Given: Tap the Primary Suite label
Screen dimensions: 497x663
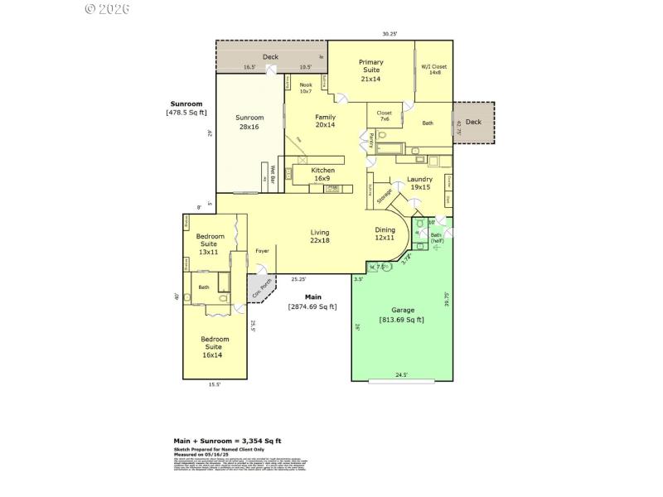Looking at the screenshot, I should point(370,70).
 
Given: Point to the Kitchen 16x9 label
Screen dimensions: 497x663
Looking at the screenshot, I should point(323,174).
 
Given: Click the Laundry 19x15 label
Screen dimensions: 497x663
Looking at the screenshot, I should point(420,183).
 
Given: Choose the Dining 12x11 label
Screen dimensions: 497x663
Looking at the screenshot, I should point(385,234).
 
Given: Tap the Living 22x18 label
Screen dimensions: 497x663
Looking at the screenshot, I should point(320,236).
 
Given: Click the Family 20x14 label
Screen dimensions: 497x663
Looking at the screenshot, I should point(325,121).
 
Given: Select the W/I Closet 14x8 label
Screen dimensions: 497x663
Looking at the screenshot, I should point(433,70).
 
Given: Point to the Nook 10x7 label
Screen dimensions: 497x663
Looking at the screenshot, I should point(306,88).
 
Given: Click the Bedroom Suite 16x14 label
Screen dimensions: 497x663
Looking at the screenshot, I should point(215,346).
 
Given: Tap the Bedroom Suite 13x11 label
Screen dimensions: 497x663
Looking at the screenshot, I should point(210,244).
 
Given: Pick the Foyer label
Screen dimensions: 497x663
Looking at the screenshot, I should point(262,250).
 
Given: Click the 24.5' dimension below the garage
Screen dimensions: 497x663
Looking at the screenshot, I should point(401,375).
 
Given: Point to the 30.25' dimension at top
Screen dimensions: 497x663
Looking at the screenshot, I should point(390,34).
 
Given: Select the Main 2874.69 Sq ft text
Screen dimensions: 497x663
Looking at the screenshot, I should point(312,302).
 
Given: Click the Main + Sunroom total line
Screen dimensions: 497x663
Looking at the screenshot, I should point(227,441).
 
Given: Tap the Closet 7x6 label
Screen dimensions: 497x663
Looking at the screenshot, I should point(385,116).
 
